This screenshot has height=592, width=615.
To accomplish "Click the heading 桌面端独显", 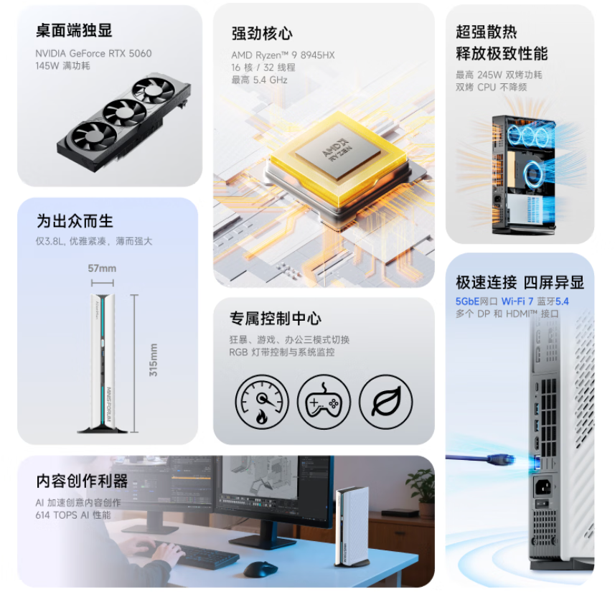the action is [x=74, y=30].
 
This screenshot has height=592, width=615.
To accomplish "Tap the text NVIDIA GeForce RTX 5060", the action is [x=93, y=53].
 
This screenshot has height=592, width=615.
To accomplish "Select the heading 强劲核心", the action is [x=262, y=33].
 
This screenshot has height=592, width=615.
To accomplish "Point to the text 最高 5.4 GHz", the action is [x=259, y=80].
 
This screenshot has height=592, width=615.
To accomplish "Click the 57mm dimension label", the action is [x=102, y=268].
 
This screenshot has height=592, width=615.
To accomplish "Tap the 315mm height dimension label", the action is [x=154, y=360].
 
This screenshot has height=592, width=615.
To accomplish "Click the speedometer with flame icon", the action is [x=262, y=401].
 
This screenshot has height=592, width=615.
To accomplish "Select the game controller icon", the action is [x=324, y=401].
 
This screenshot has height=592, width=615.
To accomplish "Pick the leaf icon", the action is [x=386, y=401].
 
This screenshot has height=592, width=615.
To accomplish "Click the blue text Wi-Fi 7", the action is [x=517, y=301].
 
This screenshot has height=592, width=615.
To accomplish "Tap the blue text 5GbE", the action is [x=467, y=301].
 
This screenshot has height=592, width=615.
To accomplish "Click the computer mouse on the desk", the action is [x=260, y=569].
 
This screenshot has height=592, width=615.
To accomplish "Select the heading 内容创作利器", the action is [x=82, y=481].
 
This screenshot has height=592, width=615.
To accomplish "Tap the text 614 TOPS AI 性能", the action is [x=73, y=515].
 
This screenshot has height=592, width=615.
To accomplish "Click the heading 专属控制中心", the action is [x=276, y=318].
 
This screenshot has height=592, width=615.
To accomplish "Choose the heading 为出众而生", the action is [x=75, y=221].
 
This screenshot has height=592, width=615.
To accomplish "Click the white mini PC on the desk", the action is [x=352, y=526].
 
